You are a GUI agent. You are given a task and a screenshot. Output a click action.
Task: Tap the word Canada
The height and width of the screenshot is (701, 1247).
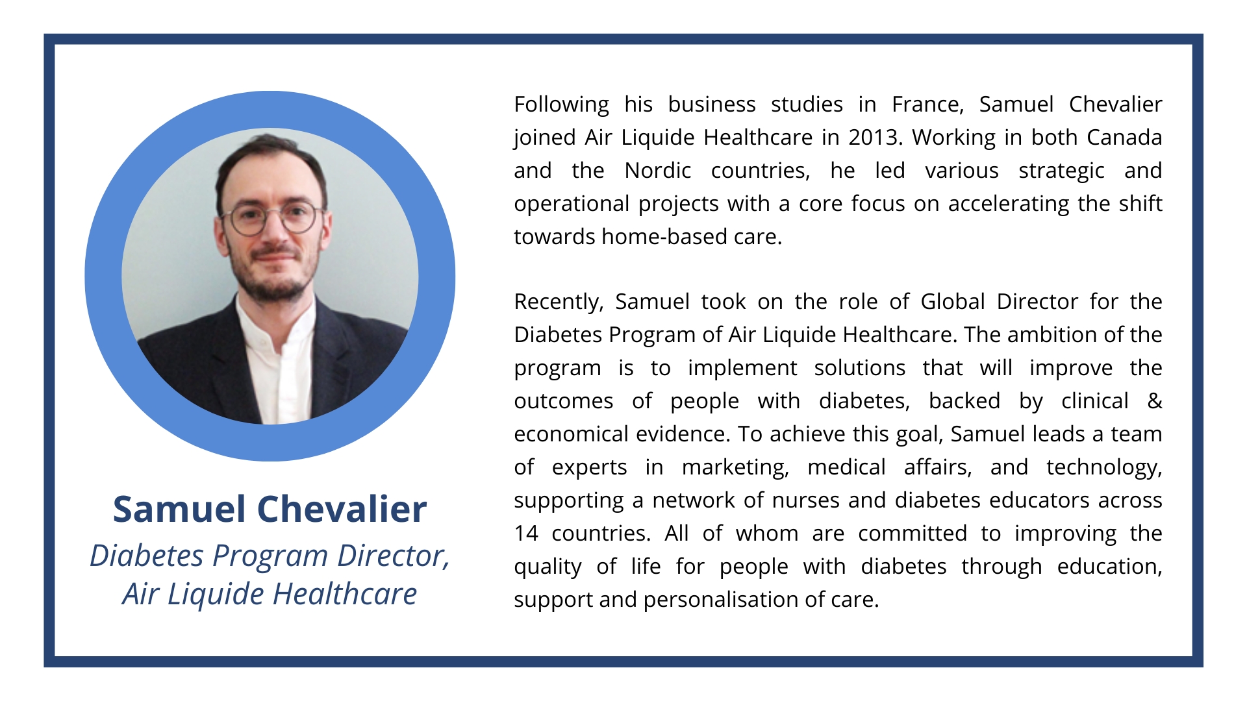[1124, 138]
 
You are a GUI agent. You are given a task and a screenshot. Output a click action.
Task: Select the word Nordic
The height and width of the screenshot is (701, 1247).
[657, 171]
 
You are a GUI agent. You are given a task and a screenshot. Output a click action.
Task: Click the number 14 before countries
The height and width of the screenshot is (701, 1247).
[526, 534]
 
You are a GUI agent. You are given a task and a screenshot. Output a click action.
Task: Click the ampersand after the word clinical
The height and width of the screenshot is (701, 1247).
[1155, 401]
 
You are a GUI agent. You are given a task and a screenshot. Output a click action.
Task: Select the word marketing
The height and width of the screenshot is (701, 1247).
[735, 468]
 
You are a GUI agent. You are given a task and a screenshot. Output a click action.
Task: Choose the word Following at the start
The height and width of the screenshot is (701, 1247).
[562, 105]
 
